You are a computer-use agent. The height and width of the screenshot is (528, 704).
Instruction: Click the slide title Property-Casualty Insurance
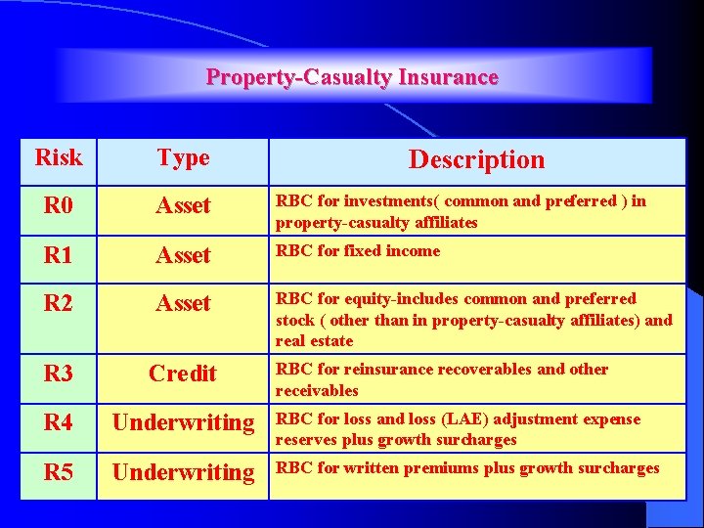(352, 77)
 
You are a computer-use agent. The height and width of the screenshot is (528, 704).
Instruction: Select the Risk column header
(59, 156)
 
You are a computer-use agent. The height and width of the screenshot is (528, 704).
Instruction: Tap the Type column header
(183, 157)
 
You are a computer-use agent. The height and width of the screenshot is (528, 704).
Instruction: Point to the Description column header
(476, 159)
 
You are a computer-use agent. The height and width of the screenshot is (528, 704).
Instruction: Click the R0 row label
(59, 205)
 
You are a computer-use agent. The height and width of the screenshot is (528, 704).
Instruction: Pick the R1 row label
(59, 255)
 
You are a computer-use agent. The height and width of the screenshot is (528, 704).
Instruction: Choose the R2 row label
(59, 303)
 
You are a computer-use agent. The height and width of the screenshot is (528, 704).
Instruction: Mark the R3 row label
(59, 373)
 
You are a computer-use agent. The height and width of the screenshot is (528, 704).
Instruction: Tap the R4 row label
(59, 422)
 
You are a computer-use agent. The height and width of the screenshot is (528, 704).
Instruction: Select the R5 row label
(59, 472)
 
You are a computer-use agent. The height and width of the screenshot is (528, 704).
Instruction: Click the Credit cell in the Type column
(183, 373)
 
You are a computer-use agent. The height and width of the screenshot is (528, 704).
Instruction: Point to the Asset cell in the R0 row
(183, 205)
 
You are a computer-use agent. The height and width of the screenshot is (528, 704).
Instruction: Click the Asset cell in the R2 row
(183, 303)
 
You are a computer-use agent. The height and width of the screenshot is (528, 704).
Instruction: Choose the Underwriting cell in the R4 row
(183, 422)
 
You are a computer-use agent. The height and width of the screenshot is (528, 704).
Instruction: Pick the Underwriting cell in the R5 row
(183, 472)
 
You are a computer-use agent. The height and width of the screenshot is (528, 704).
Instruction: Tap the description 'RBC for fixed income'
(358, 251)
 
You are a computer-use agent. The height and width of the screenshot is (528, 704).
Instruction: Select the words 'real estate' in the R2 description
(314, 341)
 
